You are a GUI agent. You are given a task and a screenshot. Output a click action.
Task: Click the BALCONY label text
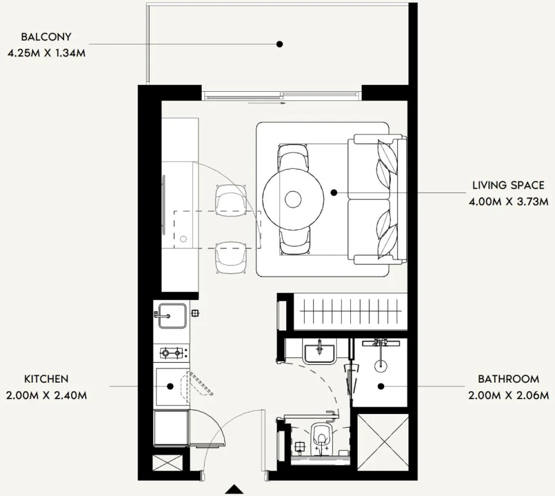click(46, 37)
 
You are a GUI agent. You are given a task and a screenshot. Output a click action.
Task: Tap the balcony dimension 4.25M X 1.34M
click(46, 53)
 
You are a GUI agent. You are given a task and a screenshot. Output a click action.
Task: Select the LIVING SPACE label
click(508, 185)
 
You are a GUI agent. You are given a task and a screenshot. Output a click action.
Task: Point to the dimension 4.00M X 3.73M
click(508, 201)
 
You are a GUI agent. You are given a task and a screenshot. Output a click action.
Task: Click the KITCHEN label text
click(46, 379)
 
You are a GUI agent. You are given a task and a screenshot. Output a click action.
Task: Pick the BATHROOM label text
click(508, 379)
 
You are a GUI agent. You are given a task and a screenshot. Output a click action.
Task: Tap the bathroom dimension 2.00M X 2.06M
click(508, 395)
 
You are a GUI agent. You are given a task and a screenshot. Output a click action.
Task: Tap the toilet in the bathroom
click(321, 436)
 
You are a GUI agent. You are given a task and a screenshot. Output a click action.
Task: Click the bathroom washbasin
click(319, 352)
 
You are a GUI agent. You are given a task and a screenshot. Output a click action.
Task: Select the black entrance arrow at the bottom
click(234, 490)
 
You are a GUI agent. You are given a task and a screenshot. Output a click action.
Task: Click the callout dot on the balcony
click(279, 44)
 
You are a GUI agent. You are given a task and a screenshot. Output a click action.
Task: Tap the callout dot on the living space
click(334, 193)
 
